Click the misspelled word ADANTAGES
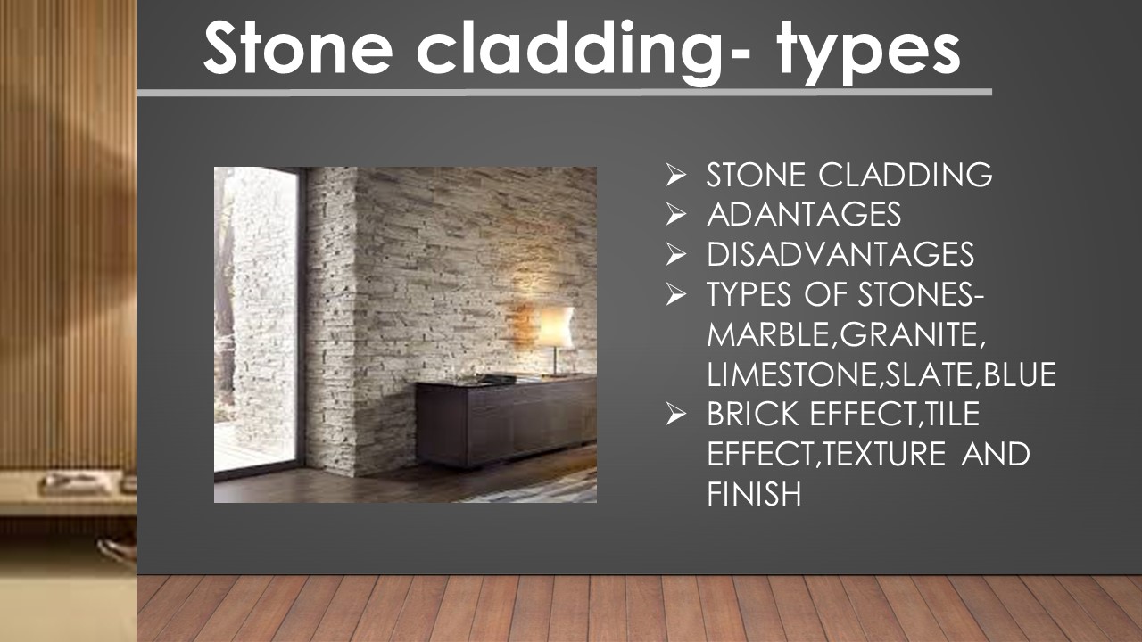(x=803, y=215)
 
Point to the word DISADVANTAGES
(x=840, y=255)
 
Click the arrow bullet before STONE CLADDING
(x=675, y=176)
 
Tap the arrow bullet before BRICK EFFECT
(x=675, y=415)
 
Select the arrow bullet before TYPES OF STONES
(x=675, y=295)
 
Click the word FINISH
(x=753, y=494)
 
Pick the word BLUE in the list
(x=1022, y=374)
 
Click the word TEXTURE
(x=884, y=455)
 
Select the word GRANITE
(x=911, y=335)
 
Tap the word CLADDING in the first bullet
(x=906, y=176)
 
